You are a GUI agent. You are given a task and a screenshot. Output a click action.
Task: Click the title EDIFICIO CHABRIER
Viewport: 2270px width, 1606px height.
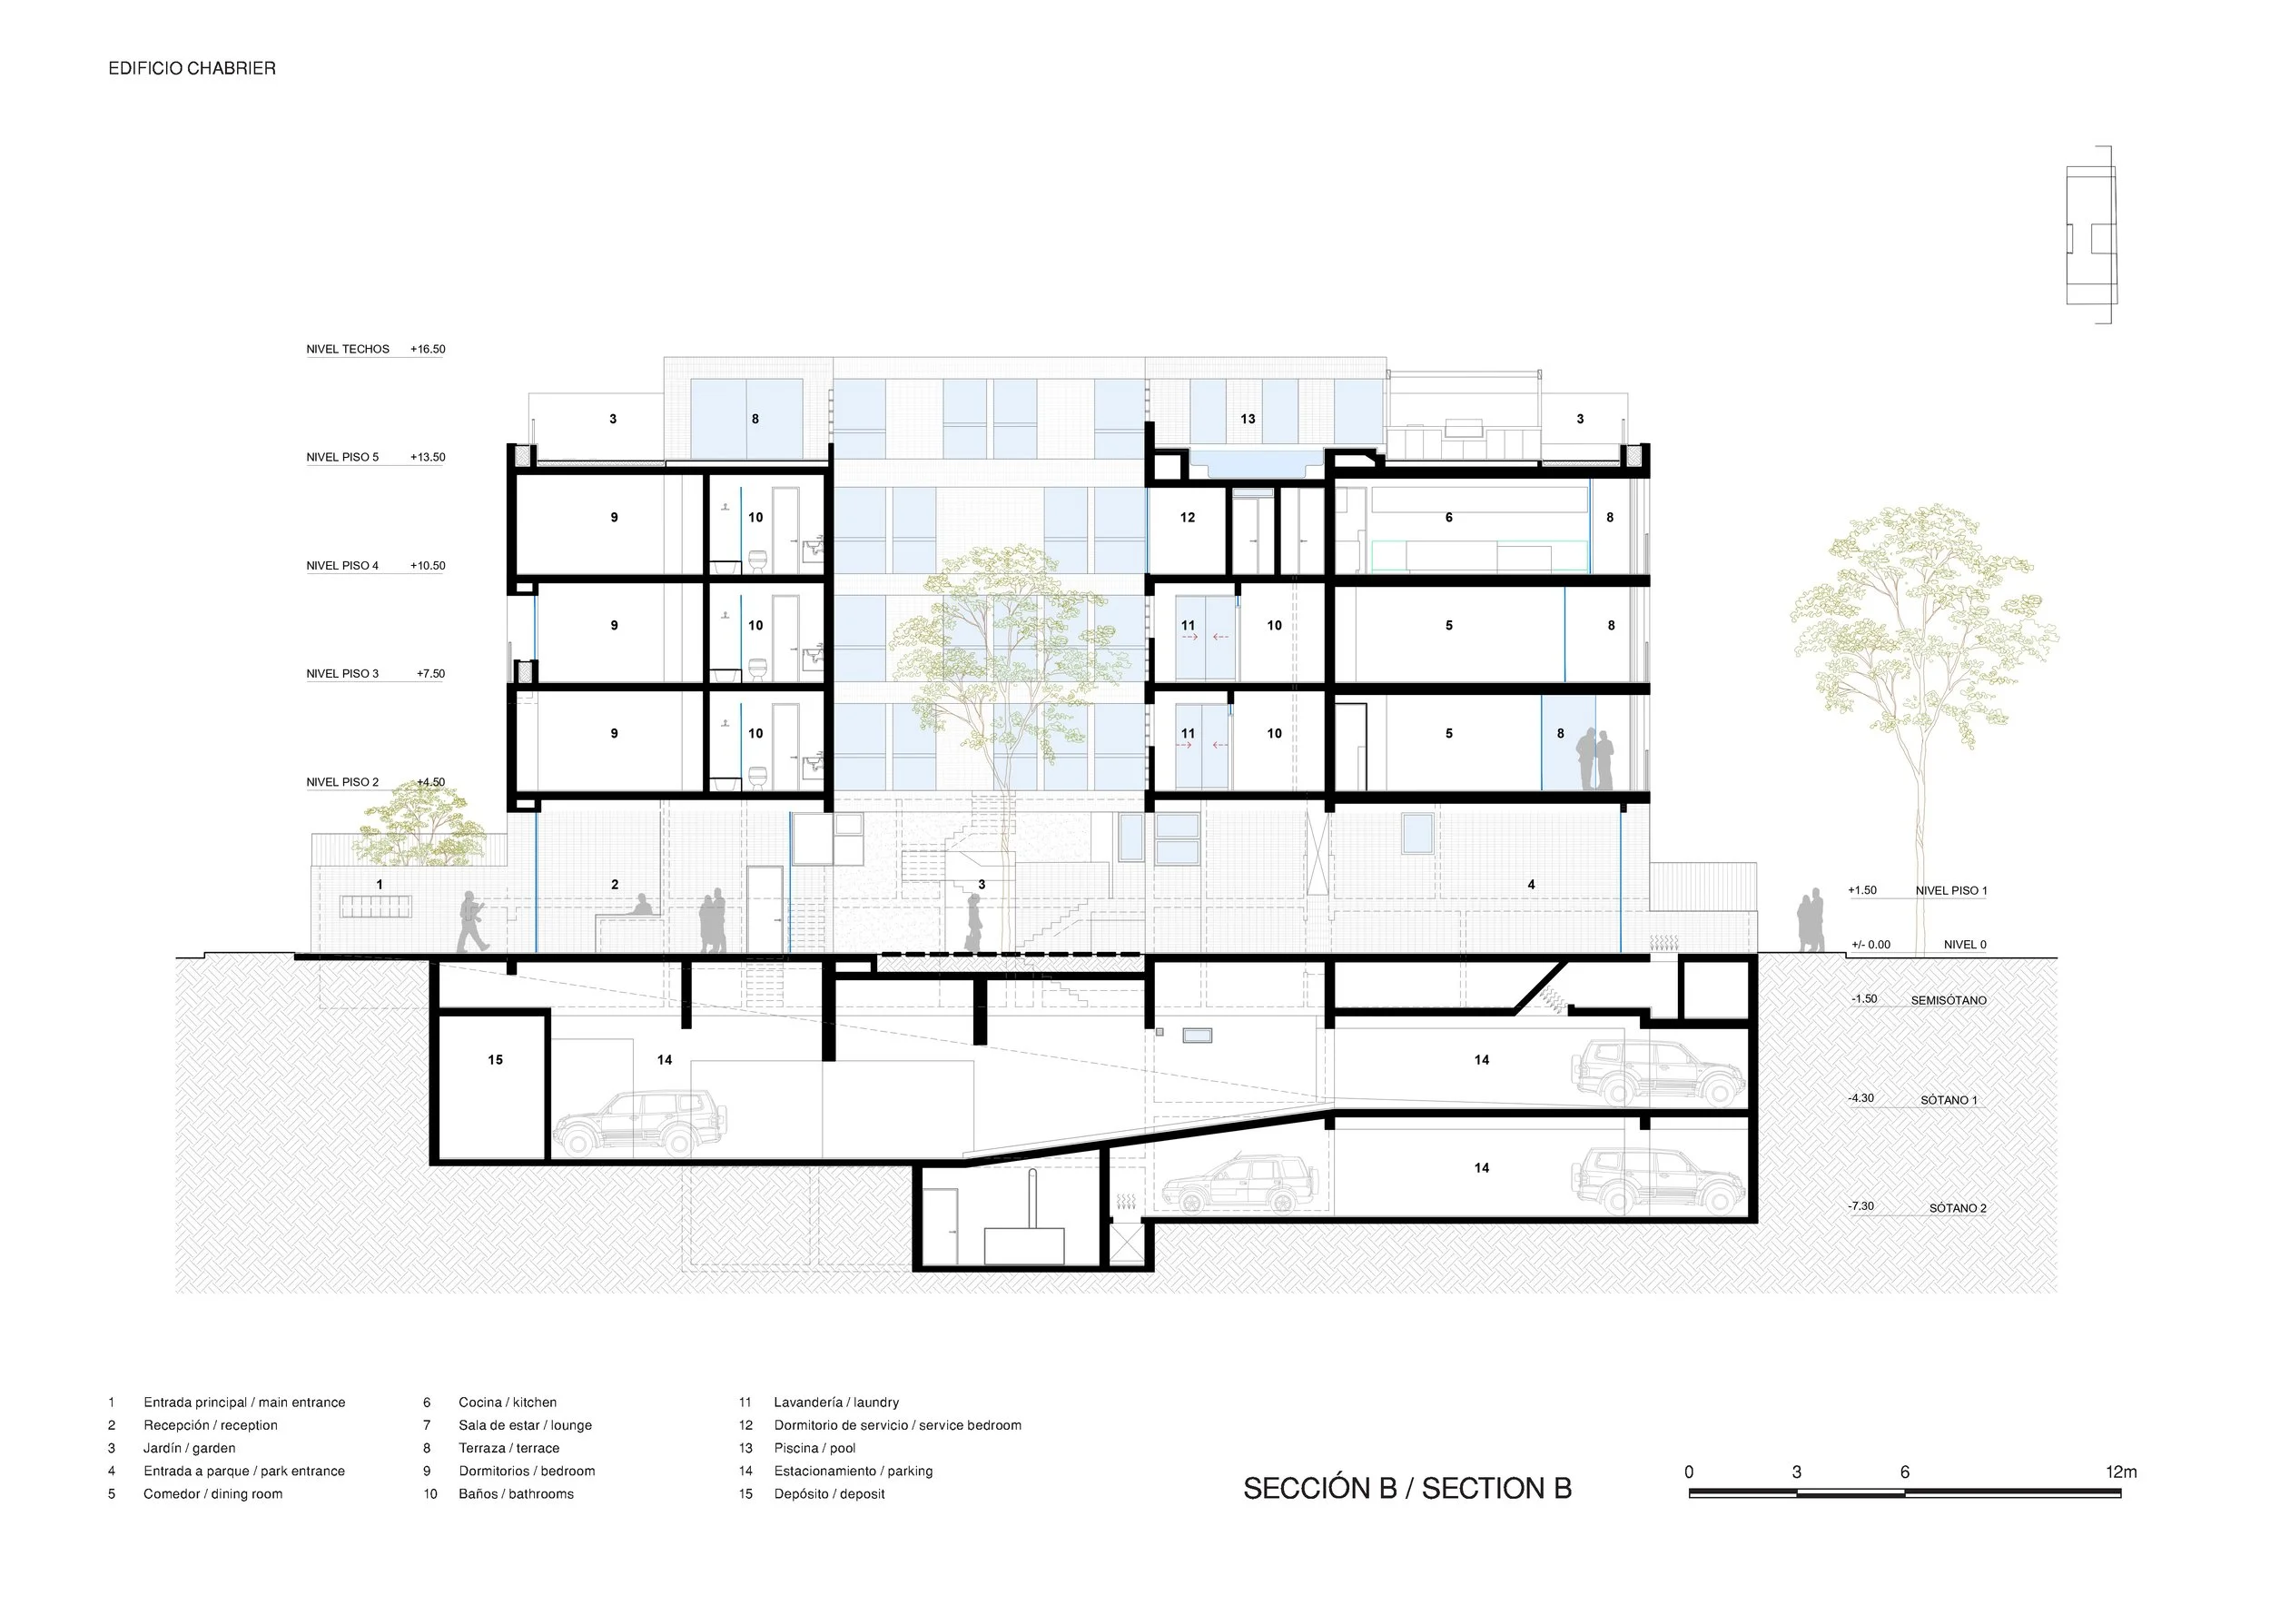tap(192, 68)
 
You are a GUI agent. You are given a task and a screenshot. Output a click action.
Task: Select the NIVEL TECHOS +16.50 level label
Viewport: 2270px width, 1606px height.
tap(376, 349)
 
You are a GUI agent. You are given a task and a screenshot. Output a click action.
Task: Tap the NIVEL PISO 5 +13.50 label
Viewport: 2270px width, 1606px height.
tap(376, 457)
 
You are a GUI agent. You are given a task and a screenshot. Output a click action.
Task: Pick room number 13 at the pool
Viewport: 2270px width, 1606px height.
tap(1248, 420)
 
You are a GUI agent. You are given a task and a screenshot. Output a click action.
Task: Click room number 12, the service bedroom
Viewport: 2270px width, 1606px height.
tap(1188, 517)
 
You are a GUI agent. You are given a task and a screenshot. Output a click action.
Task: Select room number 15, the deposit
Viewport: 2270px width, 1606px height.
tap(496, 1060)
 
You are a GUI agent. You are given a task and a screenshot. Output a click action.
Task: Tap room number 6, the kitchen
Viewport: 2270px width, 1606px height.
tap(1449, 517)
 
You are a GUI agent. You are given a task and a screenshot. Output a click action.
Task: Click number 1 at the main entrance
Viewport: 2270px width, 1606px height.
tap(380, 884)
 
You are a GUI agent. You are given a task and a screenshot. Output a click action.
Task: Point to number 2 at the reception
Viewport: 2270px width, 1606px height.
tap(615, 884)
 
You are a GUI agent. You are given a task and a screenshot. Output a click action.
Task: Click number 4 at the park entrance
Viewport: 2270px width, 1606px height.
tap(1532, 884)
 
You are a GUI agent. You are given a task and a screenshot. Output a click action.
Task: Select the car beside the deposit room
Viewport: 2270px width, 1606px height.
tap(639, 1124)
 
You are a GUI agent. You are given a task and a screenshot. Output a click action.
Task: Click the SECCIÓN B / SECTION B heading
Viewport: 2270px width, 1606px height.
tap(1406, 1488)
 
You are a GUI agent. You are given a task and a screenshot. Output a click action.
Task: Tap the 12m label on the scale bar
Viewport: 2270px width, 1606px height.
tap(2122, 1472)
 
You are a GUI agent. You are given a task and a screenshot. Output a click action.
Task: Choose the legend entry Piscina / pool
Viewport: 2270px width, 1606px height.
tap(814, 1448)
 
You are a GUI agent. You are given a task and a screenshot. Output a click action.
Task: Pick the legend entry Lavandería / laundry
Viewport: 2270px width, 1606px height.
tap(836, 1403)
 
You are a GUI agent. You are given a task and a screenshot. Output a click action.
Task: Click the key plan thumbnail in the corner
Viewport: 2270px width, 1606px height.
tap(2091, 235)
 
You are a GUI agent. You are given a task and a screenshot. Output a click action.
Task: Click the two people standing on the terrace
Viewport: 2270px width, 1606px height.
tap(1594, 759)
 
